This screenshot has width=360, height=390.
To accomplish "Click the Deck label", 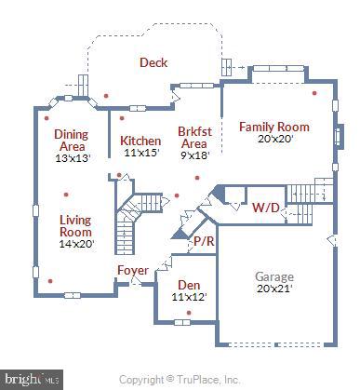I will pyautogui.click(x=153, y=62).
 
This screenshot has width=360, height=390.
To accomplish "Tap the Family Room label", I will pyautogui.click(x=274, y=126).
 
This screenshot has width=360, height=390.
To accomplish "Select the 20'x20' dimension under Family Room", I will pyautogui.click(x=274, y=140).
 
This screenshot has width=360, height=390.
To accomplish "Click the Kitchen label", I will pyautogui.click(x=140, y=141).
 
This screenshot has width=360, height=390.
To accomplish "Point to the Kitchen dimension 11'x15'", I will pyautogui.click(x=140, y=154).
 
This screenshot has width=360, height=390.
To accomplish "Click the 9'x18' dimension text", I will pyautogui.click(x=193, y=155).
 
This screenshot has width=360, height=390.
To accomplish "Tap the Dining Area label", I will pyautogui.click(x=72, y=140).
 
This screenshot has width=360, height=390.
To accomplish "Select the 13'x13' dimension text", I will pyautogui.click(x=72, y=158).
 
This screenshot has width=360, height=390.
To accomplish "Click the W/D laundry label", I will pyautogui.click(x=264, y=208).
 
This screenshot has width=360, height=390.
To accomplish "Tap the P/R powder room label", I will pyautogui.click(x=203, y=241).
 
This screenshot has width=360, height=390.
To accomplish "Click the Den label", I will pyautogui.click(x=189, y=284).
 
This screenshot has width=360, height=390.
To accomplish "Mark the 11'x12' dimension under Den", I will pyautogui.click(x=189, y=298).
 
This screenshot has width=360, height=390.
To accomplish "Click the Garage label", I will pyautogui.click(x=274, y=276).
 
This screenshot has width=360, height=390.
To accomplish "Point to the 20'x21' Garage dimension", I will pyautogui.click(x=274, y=290).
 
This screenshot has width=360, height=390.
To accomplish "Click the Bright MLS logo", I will pyautogui.click(x=31, y=379).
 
